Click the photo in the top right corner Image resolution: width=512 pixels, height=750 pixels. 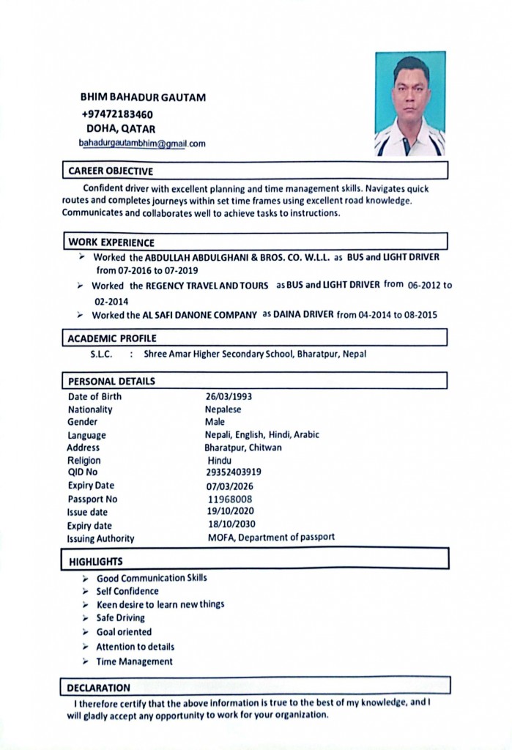coord(410,103)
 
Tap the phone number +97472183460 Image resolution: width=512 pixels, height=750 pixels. coord(117,114)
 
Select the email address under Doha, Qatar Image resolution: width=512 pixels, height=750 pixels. coord(142,144)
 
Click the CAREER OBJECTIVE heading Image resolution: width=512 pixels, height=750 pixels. coord(111,171)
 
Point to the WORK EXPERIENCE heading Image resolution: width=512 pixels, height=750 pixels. coord(111,242)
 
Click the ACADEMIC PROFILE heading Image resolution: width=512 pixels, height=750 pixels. coord(112,338)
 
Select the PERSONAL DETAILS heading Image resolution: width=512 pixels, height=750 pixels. coord(111,381)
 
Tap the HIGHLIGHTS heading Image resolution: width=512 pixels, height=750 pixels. coord(96,562)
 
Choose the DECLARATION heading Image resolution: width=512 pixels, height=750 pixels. coord(98,688)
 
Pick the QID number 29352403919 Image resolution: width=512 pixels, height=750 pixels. coord(233,472)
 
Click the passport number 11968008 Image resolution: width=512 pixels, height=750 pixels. coord(231,500)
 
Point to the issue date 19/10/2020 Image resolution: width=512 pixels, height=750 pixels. coord(231,512)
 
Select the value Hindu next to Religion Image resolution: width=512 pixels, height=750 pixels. coord(219,461)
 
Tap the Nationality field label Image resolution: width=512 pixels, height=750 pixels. coord(90,409)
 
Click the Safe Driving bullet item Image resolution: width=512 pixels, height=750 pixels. coord(121,618)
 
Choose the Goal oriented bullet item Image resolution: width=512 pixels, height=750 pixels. coord(124,632)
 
